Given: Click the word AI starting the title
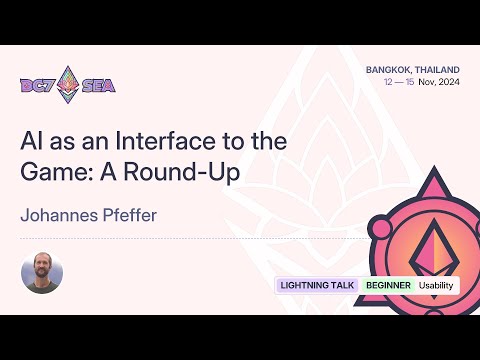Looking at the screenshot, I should [x=33, y=140].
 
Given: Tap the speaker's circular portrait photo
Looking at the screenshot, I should [x=42, y=272].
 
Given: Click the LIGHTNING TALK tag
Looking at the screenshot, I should [x=318, y=285].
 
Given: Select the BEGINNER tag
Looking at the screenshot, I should [x=388, y=285].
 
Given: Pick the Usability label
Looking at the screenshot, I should [x=436, y=285].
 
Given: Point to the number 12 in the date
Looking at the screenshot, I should [x=387, y=84].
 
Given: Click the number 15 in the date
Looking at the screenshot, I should [x=411, y=84].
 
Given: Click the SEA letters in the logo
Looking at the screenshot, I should [x=99, y=85].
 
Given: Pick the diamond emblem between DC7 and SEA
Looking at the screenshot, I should [x=68, y=84].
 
